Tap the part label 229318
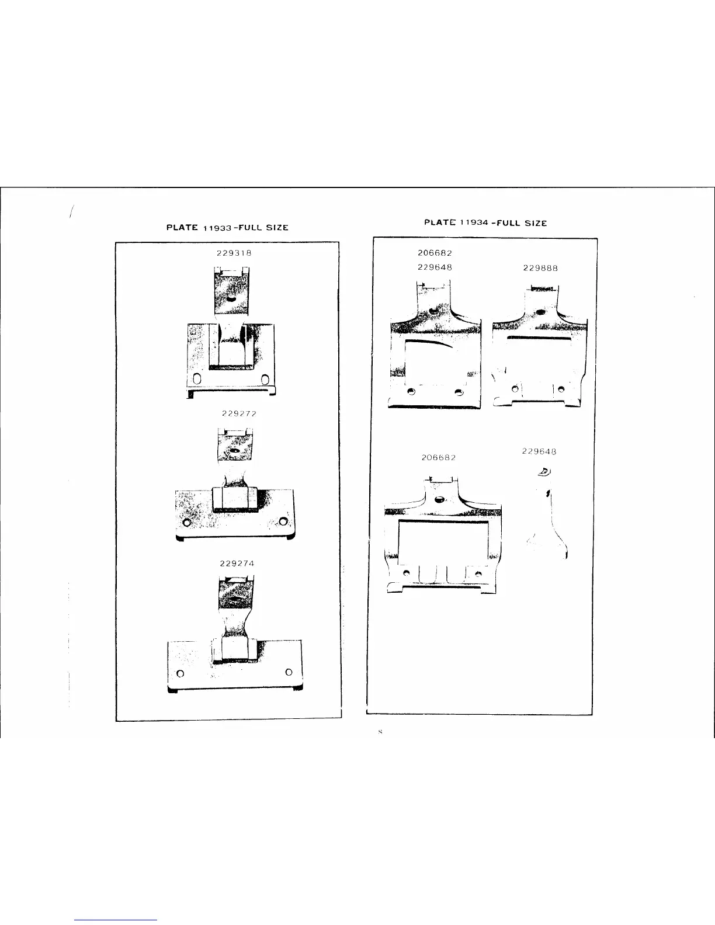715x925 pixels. pos(231,253)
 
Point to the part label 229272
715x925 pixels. pos(240,413)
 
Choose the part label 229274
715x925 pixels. pos(237,564)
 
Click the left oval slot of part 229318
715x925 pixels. pos(197,380)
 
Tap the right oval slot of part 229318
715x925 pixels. pos(266,380)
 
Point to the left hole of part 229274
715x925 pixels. pos(181,673)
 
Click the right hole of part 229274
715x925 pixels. pos(289,672)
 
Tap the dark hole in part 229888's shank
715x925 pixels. pos(540,312)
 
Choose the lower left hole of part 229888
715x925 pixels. pos(515,388)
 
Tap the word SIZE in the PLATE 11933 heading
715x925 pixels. pos(277,227)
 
